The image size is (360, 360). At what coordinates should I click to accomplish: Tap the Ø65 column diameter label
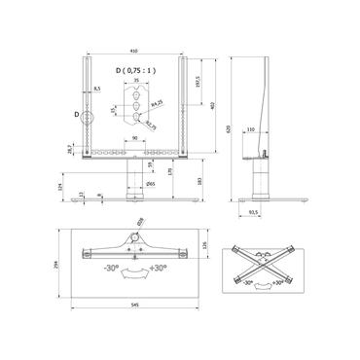coord(150,183)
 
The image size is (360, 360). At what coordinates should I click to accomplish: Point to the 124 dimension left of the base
coord(57,187)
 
